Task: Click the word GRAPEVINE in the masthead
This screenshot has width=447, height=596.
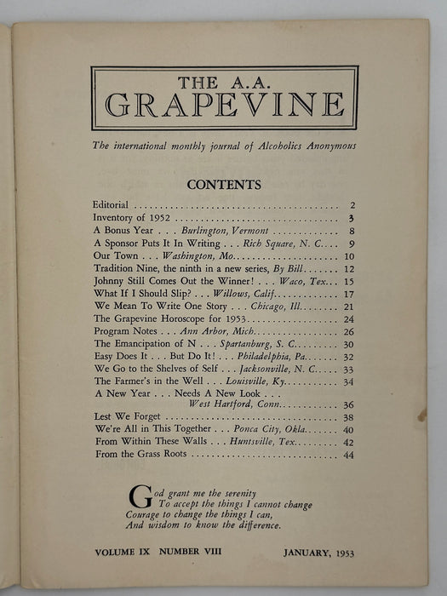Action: pyautogui.click(x=225, y=106)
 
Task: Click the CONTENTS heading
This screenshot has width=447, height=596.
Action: pyautogui.click(x=225, y=184)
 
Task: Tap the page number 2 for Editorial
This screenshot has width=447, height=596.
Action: pyautogui.click(x=352, y=205)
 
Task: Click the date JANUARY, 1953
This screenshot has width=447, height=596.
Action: pyautogui.click(x=318, y=553)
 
